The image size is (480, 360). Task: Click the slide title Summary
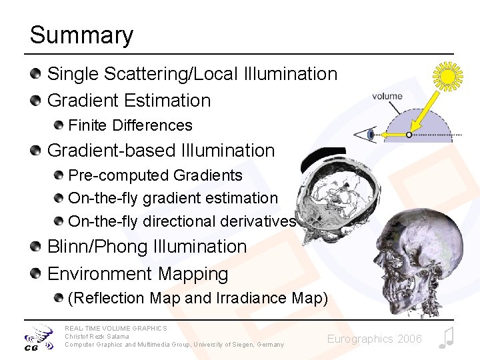81,35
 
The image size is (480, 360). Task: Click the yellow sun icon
447,75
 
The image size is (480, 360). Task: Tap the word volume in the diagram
387,96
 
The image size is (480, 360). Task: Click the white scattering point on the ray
409,135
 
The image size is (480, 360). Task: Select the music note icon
446,338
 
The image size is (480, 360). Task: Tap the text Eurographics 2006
374,339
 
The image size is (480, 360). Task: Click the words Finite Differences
130,125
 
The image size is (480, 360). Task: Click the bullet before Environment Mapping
36,273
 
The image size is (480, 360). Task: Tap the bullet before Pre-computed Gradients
59,175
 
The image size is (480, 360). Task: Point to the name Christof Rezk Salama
97,336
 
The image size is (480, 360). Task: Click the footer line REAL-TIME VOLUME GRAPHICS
116,328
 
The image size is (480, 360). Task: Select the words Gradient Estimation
129,101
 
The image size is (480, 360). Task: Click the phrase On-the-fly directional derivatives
182,221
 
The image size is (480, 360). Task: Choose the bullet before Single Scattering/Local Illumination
36,73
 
